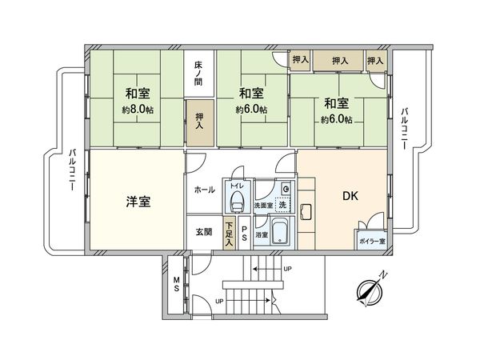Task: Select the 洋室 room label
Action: pyautogui.click(x=138, y=202)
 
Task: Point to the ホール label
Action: pyautogui.click(x=203, y=190)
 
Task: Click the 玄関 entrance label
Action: pyautogui.click(x=203, y=232)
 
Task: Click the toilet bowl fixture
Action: pyautogui.click(x=236, y=197)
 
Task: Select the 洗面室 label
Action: pyautogui.click(x=263, y=206)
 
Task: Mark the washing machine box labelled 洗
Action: pyautogui.click(x=285, y=206)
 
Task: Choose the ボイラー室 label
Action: pyautogui.click(x=371, y=241)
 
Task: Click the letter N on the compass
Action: pyautogui.click(x=382, y=276)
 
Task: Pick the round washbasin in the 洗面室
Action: pyautogui.click(x=285, y=189)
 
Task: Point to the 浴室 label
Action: pyautogui.click(x=262, y=235)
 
